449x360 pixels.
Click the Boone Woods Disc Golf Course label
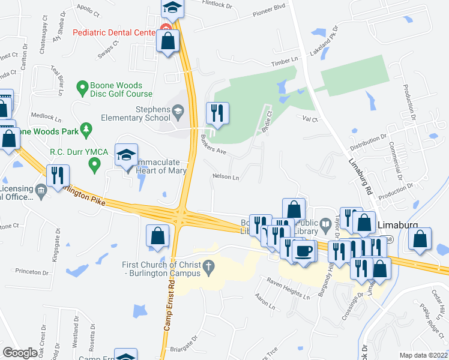(122, 90)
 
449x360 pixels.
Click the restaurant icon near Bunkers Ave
(217, 113)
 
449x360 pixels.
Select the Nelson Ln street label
(226, 178)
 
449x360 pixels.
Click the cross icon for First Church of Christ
(209, 265)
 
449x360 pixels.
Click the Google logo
(20, 353)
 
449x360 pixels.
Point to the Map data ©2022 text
(423, 355)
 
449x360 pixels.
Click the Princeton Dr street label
(32, 272)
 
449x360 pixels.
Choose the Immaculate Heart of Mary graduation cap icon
(126, 155)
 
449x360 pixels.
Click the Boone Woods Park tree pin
(86, 129)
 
